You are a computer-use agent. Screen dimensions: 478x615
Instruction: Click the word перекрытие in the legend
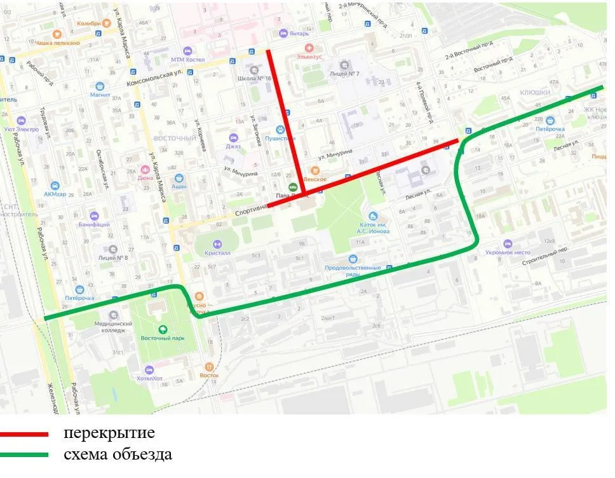[109, 434]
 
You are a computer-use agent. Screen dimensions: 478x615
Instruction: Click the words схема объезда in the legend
[118, 455]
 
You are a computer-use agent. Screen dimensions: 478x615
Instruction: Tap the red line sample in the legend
[24, 434]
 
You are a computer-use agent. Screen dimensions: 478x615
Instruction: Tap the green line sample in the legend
[24, 455]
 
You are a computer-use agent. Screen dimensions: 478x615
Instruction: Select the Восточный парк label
[163, 338]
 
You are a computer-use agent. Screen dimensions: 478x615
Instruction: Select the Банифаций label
[94, 224]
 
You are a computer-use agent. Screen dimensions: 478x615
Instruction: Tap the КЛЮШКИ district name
[534, 92]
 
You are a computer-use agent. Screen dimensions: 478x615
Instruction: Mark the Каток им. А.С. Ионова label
[372, 227]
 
